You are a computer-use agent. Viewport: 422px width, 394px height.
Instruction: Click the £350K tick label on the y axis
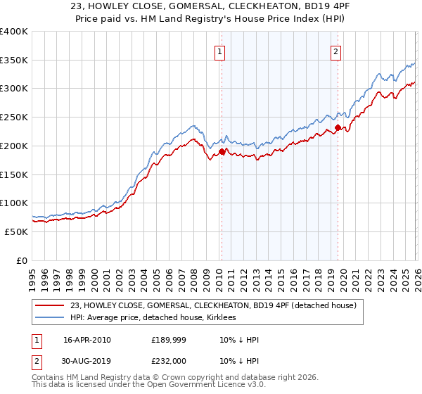pos(14,61)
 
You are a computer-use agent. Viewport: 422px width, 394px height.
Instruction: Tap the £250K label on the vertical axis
pos(14,117)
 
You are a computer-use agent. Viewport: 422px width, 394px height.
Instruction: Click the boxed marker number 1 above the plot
pos(220,51)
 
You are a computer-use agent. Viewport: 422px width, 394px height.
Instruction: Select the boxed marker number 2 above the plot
pos(336,51)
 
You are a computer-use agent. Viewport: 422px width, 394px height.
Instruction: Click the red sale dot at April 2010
pos(222,151)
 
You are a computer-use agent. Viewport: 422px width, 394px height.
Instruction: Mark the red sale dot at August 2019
pos(338,127)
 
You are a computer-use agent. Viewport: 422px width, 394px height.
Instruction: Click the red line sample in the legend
pos(51,305)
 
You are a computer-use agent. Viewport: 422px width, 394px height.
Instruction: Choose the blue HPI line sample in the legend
pos(51,317)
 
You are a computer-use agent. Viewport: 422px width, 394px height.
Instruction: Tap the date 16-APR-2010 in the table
pos(87,340)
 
